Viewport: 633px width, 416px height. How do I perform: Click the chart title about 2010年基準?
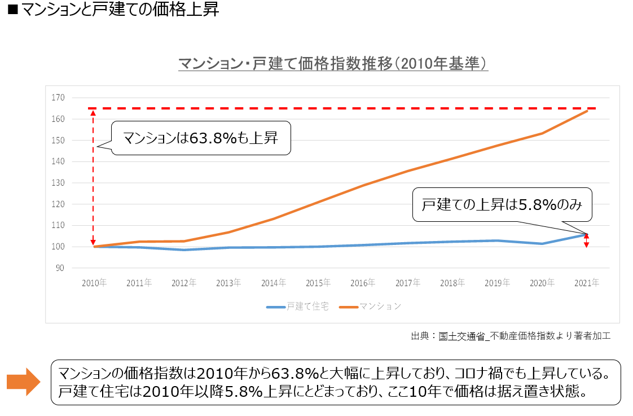333,64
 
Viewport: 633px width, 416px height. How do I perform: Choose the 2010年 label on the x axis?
94,283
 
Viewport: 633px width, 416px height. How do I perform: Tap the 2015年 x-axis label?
318,283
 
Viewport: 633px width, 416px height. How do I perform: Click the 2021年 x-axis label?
587,283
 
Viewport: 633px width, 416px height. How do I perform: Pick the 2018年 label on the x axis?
452,283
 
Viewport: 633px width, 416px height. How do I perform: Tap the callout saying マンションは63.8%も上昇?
200,138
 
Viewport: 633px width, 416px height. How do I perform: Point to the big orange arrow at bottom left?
23,382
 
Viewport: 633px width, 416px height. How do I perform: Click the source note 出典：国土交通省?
511,336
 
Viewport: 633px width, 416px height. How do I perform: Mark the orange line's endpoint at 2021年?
587,111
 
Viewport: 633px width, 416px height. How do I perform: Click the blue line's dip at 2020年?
542,244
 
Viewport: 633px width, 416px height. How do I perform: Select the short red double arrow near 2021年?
587,241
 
